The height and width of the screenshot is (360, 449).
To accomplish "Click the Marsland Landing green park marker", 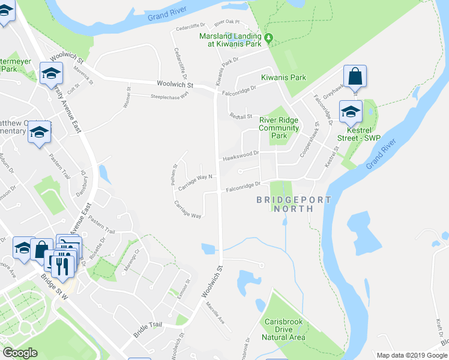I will pos(269,38).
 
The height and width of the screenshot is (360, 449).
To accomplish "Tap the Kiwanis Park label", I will pos(283,77).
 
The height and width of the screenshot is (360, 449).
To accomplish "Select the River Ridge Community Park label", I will pos(279,128).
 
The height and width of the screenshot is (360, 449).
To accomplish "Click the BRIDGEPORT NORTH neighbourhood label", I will pos(294,204).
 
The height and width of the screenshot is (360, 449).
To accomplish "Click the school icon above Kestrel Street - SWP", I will pos(351,111).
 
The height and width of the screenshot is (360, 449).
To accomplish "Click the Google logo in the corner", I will pos(20,352).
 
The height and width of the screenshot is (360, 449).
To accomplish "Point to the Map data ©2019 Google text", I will pos(411,355).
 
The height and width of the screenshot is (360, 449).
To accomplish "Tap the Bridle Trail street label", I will pos(148,329).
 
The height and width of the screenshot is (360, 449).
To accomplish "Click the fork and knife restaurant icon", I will pos(62,265).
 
